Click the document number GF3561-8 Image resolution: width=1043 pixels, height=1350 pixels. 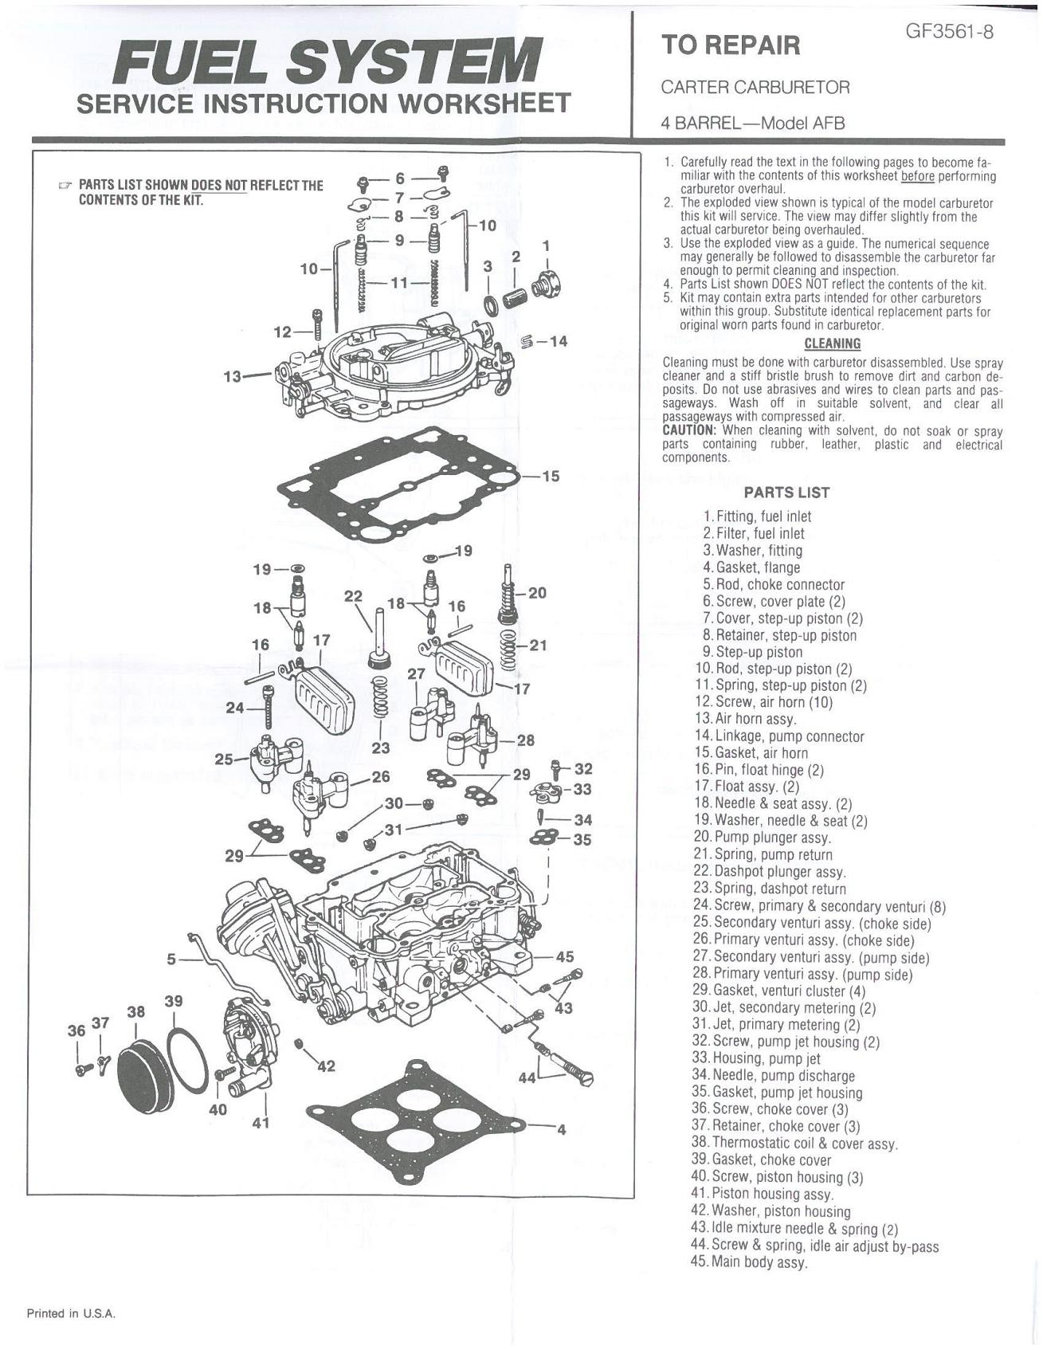pyautogui.click(x=949, y=33)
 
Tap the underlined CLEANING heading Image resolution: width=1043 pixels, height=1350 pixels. pyautogui.click(x=832, y=344)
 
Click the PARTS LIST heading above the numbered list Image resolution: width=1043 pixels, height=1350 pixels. pyautogui.click(x=786, y=493)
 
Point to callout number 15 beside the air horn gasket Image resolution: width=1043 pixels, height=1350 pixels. pyautogui.click(x=551, y=477)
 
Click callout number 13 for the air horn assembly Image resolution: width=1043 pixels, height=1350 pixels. pyautogui.click(x=233, y=376)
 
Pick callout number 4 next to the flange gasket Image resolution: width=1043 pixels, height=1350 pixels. pyautogui.click(x=561, y=1129)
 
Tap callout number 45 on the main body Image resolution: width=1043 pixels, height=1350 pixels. pyautogui.click(x=564, y=957)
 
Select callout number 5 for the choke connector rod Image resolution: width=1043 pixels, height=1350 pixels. pyautogui.click(x=172, y=960)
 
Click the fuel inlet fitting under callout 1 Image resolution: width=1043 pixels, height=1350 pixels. pyautogui.click(x=548, y=283)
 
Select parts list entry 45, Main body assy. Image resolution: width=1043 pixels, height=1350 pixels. pyautogui.click(x=749, y=1262)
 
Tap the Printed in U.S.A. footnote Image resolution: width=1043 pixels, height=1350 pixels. pyautogui.click(x=72, y=1313)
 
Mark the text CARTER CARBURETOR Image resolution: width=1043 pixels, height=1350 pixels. pyautogui.click(x=755, y=87)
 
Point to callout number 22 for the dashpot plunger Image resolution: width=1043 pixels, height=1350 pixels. pyautogui.click(x=353, y=596)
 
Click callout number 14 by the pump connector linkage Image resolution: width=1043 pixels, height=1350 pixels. pyautogui.click(x=558, y=342)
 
